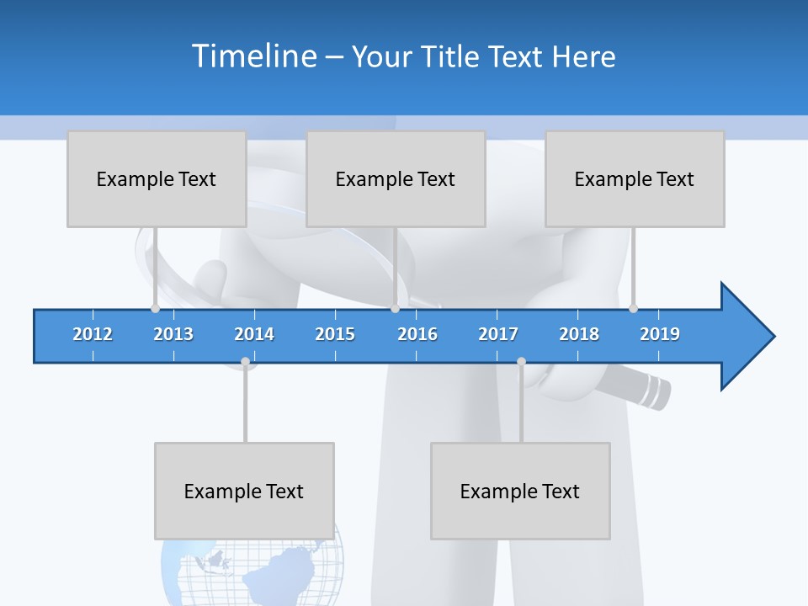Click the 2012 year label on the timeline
pyautogui.click(x=93, y=334)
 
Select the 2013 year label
pyautogui.click(x=173, y=334)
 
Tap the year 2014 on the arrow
pyautogui.click(x=254, y=334)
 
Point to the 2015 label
pyautogui.click(x=335, y=334)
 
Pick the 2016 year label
pyautogui.click(x=417, y=334)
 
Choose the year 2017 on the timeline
pyautogui.click(x=498, y=334)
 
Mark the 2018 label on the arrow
pyautogui.click(x=579, y=334)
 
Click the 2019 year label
pyautogui.click(x=660, y=334)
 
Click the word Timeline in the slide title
pyautogui.click(x=253, y=56)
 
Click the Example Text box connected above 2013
pyautogui.click(x=157, y=178)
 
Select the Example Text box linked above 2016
pyautogui.click(x=396, y=178)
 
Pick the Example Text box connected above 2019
pyautogui.click(x=635, y=178)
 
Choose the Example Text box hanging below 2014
pyautogui.click(x=244, y=491)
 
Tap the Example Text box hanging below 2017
pyautogui.click(x=520, y=491)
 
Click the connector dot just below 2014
pyautogui.click(x=245, y=362)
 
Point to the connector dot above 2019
pyautogui.click(x=633, y=308)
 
